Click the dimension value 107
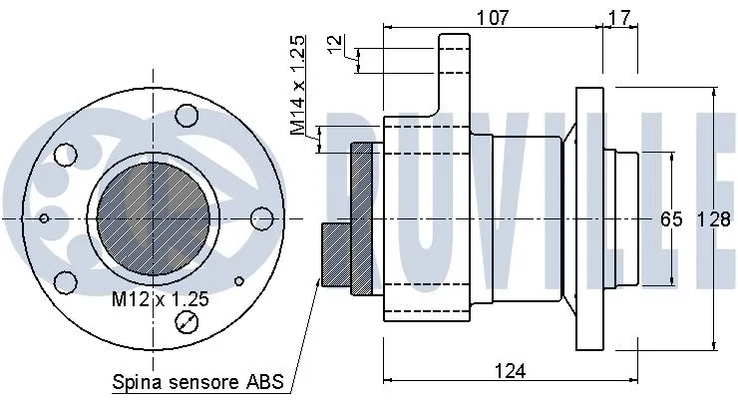[492, 16]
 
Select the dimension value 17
[618, 16]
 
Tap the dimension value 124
[509, 370]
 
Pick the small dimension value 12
[334, 45]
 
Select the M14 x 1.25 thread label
[297, 86]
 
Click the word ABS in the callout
[266, 382]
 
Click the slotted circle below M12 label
[185, 322]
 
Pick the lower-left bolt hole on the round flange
[66, 281]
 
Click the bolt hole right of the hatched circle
[262, 217]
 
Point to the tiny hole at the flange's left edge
[43, 217]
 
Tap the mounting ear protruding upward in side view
[454, 75]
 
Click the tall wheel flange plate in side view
[590, 217]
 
